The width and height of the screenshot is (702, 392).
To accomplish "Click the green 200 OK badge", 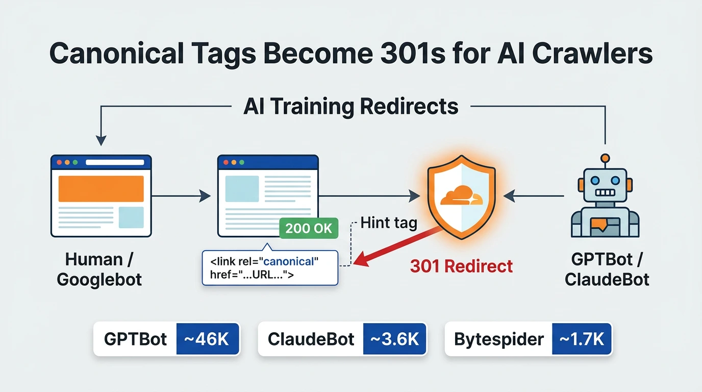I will [309, 228].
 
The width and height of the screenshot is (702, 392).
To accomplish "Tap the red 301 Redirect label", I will [461, 266].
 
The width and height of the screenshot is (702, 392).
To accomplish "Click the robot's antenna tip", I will [605, 158].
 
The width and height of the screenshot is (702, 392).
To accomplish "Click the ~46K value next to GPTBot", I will [208, 339].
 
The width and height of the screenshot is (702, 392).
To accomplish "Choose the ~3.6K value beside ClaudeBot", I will [394, 339].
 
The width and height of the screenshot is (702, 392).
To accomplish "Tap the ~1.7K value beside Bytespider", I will [582, 339].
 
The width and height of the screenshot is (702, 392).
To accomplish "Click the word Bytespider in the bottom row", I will [498, 339].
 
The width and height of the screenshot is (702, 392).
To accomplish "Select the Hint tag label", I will [388, 223].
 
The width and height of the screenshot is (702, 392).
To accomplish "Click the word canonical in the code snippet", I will [288, 261].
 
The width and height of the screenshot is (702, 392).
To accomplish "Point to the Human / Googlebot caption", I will [99, 269].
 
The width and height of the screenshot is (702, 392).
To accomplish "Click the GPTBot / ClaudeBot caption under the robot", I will [607, 269].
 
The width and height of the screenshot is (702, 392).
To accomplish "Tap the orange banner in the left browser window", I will [101, 188].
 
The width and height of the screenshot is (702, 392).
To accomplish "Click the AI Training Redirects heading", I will [350, 107].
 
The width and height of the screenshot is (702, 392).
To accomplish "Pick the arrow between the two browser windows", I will [181, 195].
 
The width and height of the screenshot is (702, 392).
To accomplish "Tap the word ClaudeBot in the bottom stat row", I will [311, 339].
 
